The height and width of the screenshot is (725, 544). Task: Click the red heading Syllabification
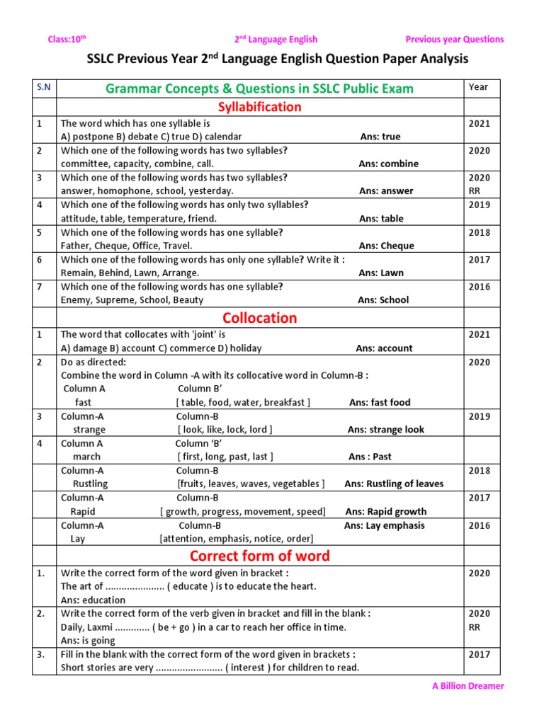pyautogui.click(x=259, y=107)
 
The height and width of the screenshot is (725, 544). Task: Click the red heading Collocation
pyautogui.click(x=259, y=318)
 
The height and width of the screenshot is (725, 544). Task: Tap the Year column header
pyautogui.click(x=478, y=87)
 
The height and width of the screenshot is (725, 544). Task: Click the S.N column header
pyautogui.click(x=44, y=87)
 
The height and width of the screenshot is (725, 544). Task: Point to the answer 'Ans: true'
pyautogui.click(x=380, y=137)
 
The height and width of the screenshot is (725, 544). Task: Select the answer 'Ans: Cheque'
pyautogui.click(x=386, y=246)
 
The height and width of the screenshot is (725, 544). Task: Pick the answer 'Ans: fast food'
pyautogui.click(x=380, y=402)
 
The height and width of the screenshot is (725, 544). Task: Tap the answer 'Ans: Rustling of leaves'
pyautogui.click(x=394, y=484)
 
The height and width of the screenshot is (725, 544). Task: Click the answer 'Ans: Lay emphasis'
pyautogui.click(x=384, y=525)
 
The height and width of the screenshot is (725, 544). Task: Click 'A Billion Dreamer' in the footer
pyautogui.click(x=468, y=686)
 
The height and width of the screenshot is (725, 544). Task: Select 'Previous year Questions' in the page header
pyautogui.click(x=454, y=40)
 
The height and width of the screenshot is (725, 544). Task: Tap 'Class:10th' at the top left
pyautogui.click(x=67, y=40)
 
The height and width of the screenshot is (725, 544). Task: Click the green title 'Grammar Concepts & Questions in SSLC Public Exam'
pyautogui.click(x=259, y=89)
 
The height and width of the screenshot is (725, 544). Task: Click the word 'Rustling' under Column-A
pyautogui.click(x=91, y=484)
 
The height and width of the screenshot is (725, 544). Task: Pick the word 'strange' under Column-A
pyautogui.click(x=89, y=430)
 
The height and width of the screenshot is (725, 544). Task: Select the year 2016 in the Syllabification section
pyautogui.click(x=479, y=287)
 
